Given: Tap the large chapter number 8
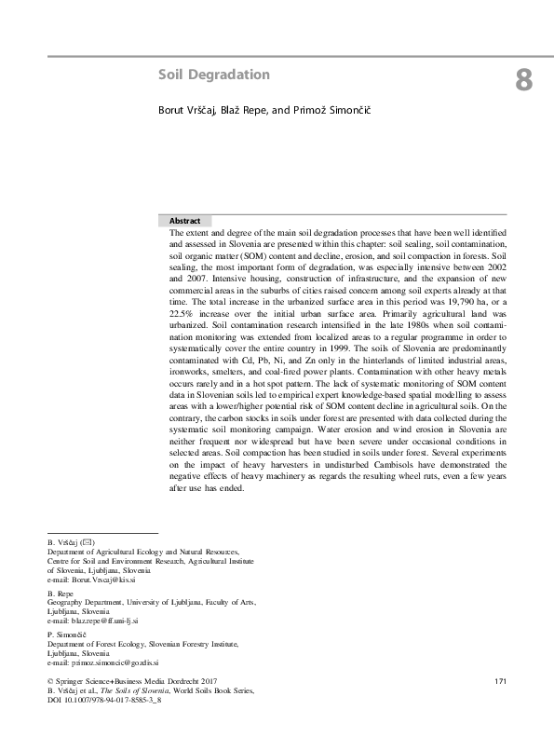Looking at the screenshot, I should click(523, 80).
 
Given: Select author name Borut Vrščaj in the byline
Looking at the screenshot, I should click(189, 111).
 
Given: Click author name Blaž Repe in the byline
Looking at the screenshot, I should click(244, 111).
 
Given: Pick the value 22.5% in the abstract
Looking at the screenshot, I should click(181, 329).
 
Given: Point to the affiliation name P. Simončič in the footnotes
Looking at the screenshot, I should click(66, 634).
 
